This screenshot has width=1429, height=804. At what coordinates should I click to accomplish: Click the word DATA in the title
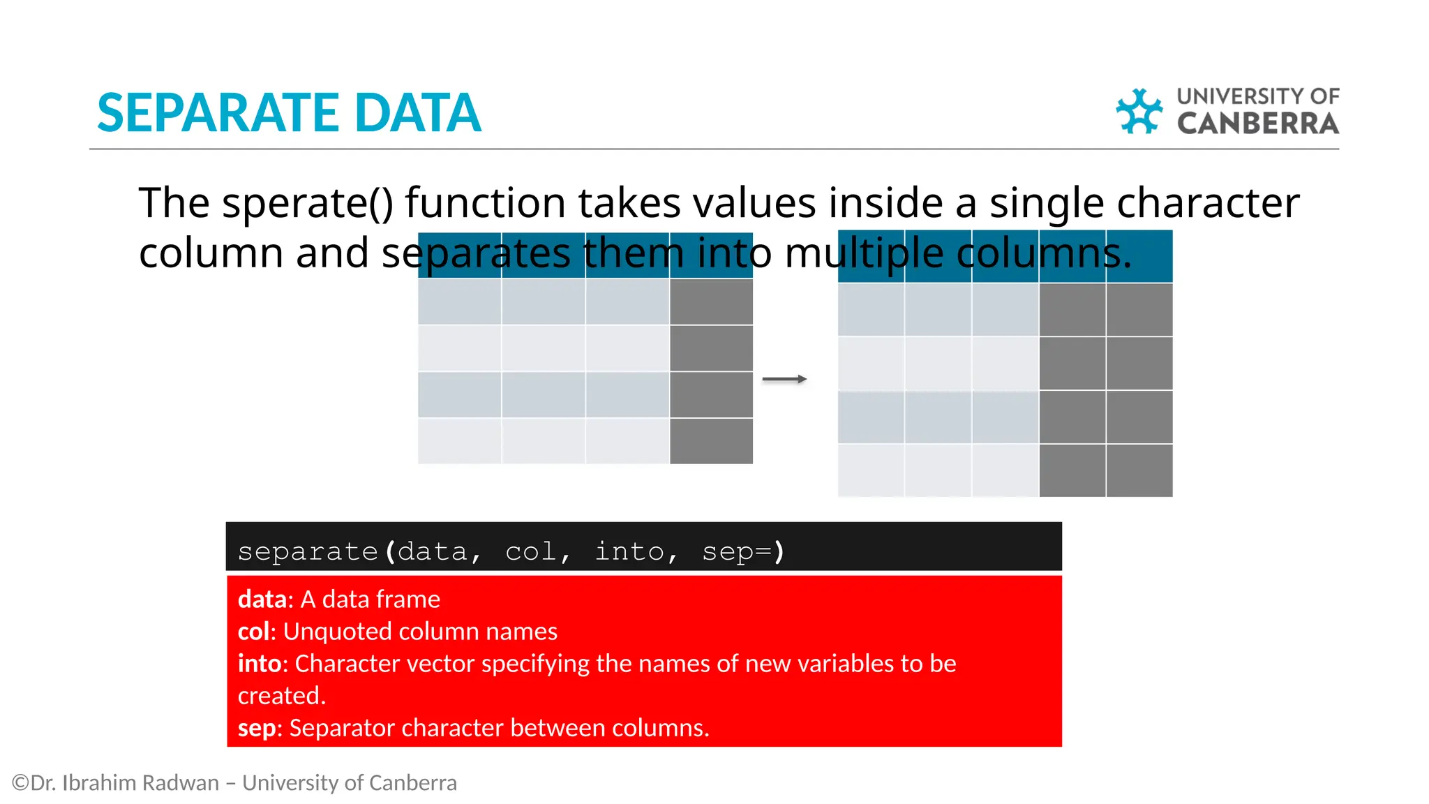pos(417,113)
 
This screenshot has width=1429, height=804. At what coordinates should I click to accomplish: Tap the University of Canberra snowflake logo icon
pos(1139,111)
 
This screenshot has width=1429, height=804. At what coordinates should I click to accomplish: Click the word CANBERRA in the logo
pos(1257,124)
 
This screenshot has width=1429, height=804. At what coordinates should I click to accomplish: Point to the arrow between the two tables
pos(784,379)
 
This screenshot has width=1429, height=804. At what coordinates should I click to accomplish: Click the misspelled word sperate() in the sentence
pos(307,203)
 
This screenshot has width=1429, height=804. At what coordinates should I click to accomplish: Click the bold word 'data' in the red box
pos(262,600)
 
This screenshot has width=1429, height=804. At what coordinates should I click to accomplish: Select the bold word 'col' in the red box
pos(253,632)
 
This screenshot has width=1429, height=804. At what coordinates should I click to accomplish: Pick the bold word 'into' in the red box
pos(259,664)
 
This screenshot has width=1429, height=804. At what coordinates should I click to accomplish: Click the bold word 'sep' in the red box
pos(256,728)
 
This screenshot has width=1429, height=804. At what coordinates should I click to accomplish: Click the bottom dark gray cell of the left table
pos(711,441)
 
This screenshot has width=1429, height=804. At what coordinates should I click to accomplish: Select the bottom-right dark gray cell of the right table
pos(1139,471)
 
